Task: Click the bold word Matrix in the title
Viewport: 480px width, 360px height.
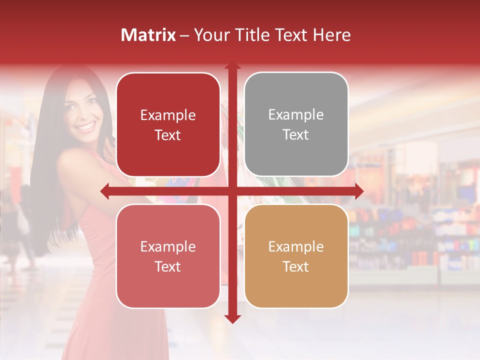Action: [x=148, y=35]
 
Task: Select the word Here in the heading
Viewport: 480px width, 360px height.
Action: [x=331, y=35]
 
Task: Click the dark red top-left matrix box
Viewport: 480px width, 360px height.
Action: [x=168, y=124]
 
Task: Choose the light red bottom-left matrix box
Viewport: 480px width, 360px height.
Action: [x=168, y=256]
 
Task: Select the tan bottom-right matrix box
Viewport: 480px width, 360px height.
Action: [x=296, y=256]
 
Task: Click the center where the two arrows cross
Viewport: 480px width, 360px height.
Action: [x=232, y=191]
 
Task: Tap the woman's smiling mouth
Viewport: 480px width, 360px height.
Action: [x=86, y=126]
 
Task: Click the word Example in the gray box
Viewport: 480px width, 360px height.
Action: [x=296, y=114]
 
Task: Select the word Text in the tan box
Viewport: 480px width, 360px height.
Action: [x=296, y=266]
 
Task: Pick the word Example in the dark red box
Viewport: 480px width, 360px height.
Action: [x=168, y=115]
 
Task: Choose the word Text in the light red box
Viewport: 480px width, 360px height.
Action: [x=168, y=266]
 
